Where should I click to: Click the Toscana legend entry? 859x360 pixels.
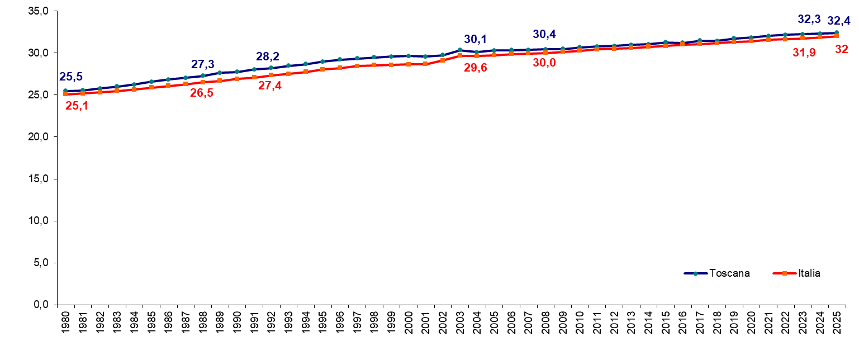716,273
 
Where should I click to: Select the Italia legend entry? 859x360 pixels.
796,273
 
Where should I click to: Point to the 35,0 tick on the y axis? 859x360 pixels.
39,11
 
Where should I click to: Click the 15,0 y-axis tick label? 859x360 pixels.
39,179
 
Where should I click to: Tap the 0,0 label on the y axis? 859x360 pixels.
41,305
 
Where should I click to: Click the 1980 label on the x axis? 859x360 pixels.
65,323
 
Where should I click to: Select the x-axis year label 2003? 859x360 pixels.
460,323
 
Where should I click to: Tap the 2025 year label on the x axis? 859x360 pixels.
837,323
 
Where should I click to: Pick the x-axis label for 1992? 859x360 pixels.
271,323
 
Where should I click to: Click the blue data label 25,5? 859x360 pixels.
71,77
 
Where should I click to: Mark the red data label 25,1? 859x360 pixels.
77,106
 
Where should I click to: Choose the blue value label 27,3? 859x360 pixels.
203,64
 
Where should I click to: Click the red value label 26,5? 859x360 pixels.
202,93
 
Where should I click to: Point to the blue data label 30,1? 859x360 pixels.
476,39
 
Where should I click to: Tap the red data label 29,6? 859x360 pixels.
476,68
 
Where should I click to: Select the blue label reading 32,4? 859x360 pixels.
839,21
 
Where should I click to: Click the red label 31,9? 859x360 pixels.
804,53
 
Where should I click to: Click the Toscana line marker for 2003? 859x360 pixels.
460,50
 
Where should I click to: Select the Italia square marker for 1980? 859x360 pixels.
65,94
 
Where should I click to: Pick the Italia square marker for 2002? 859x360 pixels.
443,60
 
